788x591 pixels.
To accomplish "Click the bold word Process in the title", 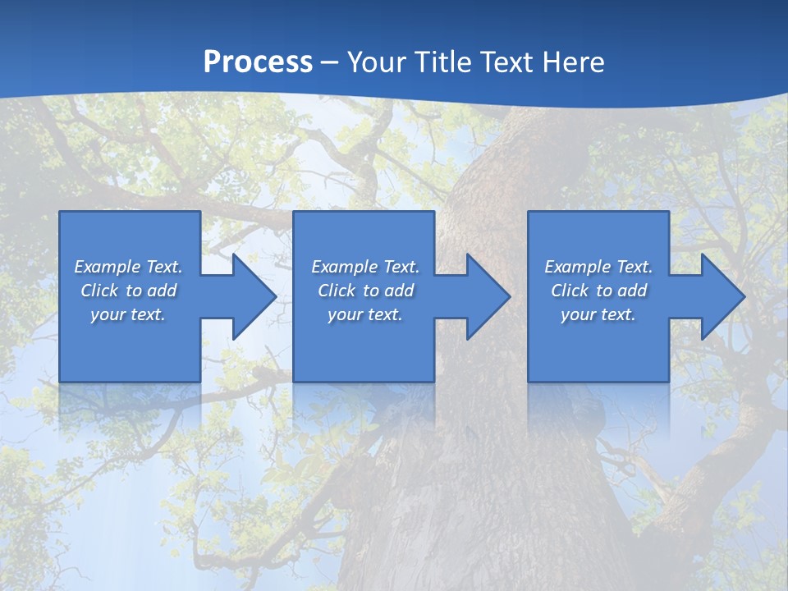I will (x=258, y=62).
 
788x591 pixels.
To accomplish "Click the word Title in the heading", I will (x=444, y=62).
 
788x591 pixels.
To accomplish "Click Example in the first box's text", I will (x=108, y=267).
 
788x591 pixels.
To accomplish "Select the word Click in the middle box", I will (x=336, y=291).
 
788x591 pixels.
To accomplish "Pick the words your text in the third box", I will (x=598, y=314).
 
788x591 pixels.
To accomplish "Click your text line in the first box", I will (x=128, y=314).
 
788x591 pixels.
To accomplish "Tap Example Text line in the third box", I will (x=598, y=267).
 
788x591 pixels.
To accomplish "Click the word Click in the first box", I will (x=98, y=291).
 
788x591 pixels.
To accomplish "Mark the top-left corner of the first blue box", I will (x=61, y=213).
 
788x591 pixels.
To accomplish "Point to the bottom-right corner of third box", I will (x=667, y=380).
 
